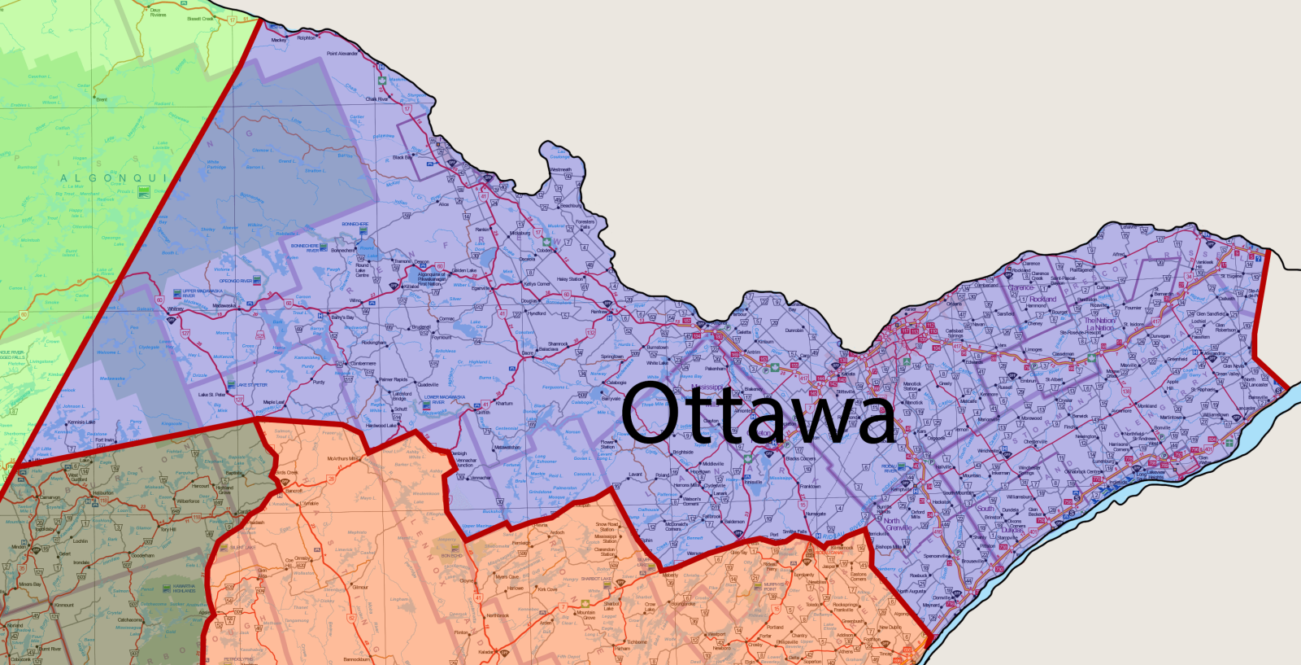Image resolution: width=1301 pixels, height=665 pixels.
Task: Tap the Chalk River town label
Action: pos(376,99)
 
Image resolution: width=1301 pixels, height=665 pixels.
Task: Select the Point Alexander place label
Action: pos(342,54)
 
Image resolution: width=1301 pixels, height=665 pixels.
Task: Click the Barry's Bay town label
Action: pos(342,317)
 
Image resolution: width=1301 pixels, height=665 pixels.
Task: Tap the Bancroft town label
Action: pos(294,491)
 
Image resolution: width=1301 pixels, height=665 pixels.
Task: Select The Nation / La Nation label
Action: pos(1099,324)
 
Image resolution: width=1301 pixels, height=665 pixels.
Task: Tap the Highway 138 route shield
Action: pos(1126,392)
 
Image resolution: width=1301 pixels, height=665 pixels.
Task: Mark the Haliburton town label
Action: pos(103,492)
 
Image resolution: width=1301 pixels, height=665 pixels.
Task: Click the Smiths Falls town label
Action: pos(794,532)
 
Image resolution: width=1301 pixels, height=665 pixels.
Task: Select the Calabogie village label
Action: pos(616,382)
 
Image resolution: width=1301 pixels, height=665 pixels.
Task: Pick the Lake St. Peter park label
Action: pos(251,385)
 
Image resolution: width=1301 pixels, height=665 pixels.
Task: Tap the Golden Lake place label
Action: pos(464,270)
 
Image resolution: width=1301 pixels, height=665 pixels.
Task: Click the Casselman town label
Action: pos(1063,354)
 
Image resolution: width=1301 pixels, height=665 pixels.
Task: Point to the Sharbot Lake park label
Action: pos(597,579)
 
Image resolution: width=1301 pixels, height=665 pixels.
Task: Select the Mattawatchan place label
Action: pos(507,447)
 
